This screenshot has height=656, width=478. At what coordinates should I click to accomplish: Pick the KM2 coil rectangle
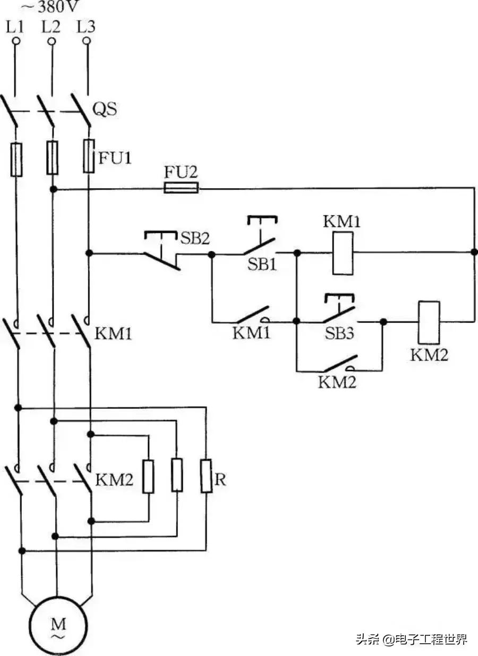click(429, 322)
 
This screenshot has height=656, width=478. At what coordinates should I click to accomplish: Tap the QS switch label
click(105, 110)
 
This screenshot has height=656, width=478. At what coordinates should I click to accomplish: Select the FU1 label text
click(114, 158)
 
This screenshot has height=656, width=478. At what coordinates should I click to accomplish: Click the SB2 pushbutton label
click(194, 238)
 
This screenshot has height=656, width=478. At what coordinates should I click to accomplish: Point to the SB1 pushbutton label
click(262, 264)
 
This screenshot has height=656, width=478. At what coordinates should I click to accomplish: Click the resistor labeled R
click(206, 476)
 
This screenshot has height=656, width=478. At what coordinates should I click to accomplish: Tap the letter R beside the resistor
click(220, 480)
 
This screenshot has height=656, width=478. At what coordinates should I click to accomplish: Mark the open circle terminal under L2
click(52, 41)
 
